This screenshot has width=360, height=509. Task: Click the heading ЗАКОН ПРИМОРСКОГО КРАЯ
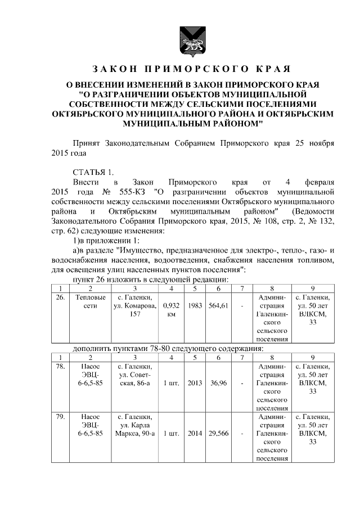191,69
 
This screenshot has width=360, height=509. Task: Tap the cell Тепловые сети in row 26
89,301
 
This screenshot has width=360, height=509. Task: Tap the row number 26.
60,296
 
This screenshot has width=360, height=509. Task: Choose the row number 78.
60,367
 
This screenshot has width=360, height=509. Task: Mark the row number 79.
60,417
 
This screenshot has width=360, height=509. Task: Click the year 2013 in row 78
194,384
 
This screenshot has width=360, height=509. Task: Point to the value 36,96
217,384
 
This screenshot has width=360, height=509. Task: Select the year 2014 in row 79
194,434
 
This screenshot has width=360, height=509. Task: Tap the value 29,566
217,434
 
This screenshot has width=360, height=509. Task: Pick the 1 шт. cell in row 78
170,384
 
